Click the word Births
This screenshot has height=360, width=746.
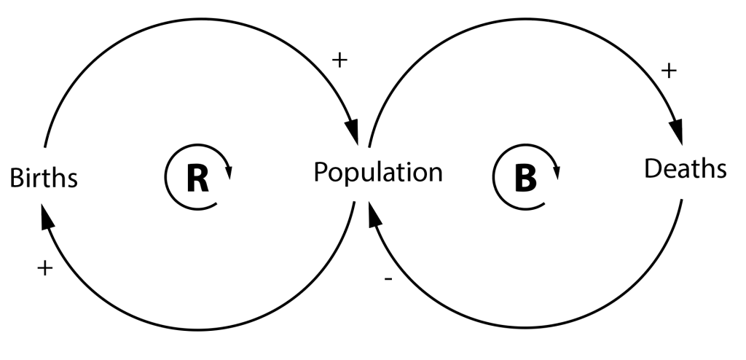[43, 177]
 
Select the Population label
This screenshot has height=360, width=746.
[378, 173]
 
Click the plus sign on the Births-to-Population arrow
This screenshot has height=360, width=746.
[339, 60]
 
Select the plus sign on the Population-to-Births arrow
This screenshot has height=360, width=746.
[45, 268]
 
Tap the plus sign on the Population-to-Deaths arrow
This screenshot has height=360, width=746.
[668, 71]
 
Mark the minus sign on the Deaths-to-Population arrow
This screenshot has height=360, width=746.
[387, 279]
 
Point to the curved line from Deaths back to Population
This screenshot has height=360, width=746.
[525, 329]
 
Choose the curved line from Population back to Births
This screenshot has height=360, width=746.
[197, 329]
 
